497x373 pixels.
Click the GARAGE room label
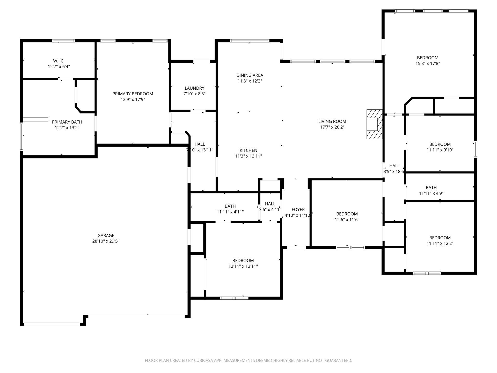tap(106, 235)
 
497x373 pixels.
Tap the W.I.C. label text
tap(59, 61)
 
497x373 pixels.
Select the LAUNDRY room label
tap(194, 88)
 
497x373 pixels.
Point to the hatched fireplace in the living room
tap(375, 124)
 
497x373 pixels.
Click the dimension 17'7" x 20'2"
tap(332, 127)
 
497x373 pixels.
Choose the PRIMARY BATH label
tap(67, 122)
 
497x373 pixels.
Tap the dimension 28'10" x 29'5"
tap(106, 241)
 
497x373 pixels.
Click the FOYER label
tap(298, 210)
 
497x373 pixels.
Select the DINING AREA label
tap(250, 75)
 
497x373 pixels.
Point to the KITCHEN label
tap(248, 150)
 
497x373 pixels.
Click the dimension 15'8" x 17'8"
tap(428, 63)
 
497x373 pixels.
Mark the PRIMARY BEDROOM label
tap(133, 94)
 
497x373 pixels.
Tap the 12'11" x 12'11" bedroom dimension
tap(243, 266)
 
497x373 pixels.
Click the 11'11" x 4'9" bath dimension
tap(431, 193)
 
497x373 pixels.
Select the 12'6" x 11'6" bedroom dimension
tap(347, 219)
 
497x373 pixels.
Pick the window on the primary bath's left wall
tap(22, 137)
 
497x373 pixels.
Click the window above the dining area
tap(250, 41)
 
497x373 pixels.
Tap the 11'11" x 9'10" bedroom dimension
tap(440, 150)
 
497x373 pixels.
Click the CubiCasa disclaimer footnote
tap(248, 360)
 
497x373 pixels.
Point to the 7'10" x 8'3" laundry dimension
tap(194, 94)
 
